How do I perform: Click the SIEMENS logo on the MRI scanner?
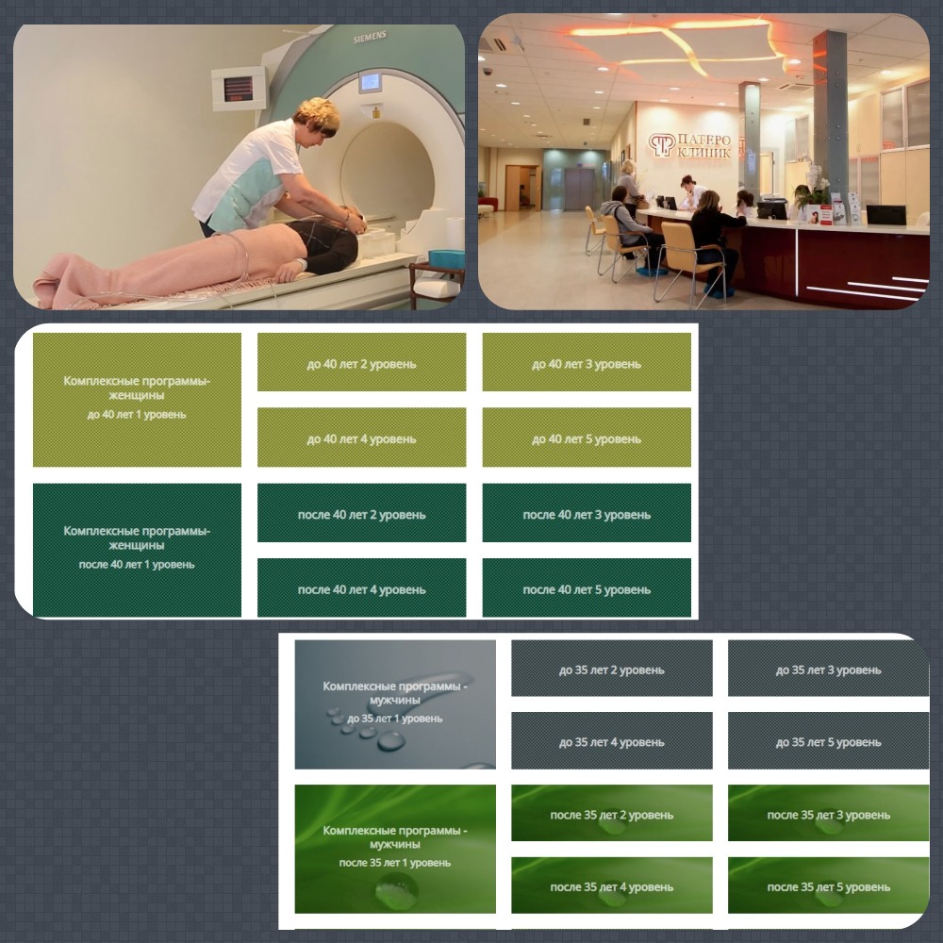coord(370,38)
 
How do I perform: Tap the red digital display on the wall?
coord(239,89)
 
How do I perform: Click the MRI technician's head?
coord(316,117)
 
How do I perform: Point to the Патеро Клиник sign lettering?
coord(703,146)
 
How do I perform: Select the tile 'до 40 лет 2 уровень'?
coord(361,362)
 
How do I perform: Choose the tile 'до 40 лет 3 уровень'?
coord(587,362)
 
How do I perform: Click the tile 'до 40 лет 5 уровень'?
coord(587,438)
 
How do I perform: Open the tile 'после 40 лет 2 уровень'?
coord(361,513)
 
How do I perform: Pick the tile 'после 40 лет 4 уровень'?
coord(361,587)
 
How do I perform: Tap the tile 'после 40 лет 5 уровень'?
coord(587,587)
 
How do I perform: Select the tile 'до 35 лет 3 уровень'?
coord(828,669)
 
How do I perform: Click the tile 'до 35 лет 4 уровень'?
coord(612,741)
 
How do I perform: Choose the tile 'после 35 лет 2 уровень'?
coord(612,813)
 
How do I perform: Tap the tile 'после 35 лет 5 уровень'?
coord(828,885)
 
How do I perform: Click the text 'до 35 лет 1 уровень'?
coord(394,719)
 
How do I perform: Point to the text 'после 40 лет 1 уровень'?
coord(137,565)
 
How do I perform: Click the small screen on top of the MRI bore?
coord(370,82)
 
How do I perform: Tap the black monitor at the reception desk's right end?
coord(885,215)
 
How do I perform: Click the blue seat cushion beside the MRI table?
coord(446,259)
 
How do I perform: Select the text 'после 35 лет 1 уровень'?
coord(394,863)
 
